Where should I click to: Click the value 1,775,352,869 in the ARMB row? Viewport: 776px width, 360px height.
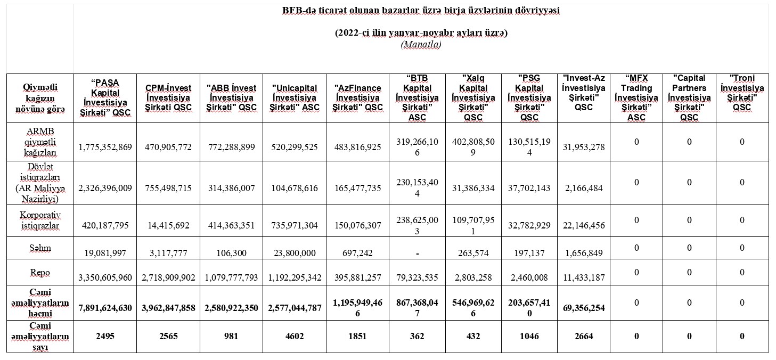tap(105, 147)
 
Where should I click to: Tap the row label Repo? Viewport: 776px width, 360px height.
tap(40, 272)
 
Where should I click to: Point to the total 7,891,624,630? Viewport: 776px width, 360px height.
tap(105, 308)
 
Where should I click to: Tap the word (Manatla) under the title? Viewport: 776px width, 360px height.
tap(421, 45)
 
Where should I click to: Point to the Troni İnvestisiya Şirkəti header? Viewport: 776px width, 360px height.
tap(742, 97)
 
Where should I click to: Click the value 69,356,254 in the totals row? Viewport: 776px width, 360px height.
tap(584, 308)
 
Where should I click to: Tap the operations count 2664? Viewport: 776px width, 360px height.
tap(584, 336)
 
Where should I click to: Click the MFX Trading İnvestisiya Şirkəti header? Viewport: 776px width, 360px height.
tap(636, 97)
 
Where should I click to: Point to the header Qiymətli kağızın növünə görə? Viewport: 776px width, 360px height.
tap(40, 98)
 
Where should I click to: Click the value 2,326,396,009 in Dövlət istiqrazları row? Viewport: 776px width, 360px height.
tap(105, 188)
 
